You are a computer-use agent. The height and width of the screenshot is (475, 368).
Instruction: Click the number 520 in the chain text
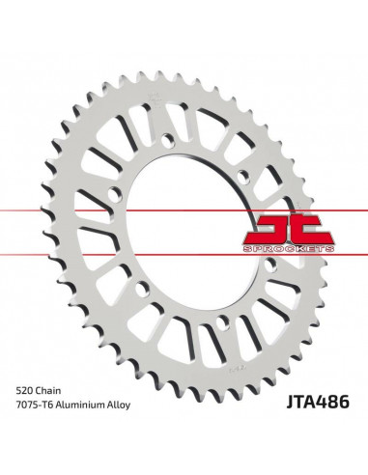pyautogui.click(x=22, y=391)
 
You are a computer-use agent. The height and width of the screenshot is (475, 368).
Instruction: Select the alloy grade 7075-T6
pyautogui.click(x=33, y=408)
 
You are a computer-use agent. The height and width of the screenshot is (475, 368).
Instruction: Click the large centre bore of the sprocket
pyautogui.click(x=184, y=222)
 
